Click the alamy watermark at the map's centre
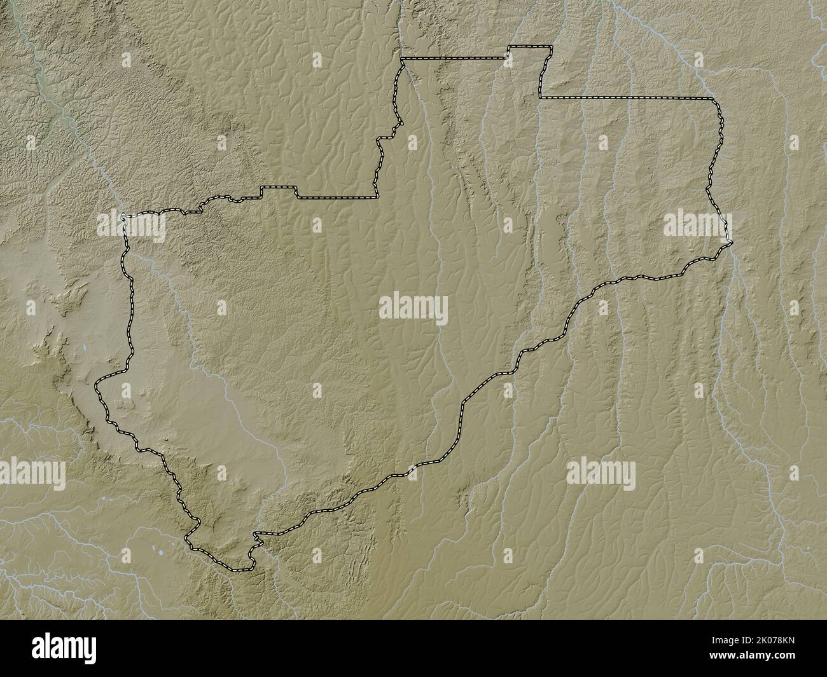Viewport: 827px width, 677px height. coord(413,310)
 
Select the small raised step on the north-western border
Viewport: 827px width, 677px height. coord(279,188)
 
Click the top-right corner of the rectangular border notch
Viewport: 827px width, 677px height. coord(552,47)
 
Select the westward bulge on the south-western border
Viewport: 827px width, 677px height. coord(100,388)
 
